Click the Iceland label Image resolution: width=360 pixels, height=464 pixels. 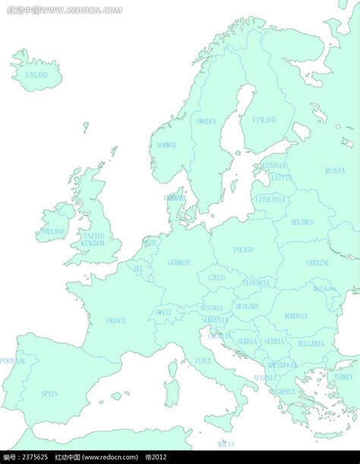pyautogui.click(x=36, y=75)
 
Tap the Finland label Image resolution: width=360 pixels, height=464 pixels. pyautogui.click(x=264, y=120)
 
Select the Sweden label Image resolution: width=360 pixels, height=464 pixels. pyautogui.click(x=206, y=121)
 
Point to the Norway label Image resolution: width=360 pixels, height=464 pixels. pyautogui.click(x=166, y=144)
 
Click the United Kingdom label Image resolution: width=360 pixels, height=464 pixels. pyautogui.click(x=93, y=240)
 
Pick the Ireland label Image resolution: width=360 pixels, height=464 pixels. pyautogui.click(x=54, y=232)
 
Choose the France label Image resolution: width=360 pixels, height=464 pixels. pyautogui.click(x=116, y=320)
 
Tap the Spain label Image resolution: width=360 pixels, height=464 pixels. pyautogui.click(x=49, y=393)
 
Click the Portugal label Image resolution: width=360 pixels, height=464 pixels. pyautogui.click(x=12, y=361)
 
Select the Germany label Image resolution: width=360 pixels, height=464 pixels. pyautogui.click(x=179, y=262)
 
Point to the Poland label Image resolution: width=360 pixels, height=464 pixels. pyautogui.click(x=244, y=250)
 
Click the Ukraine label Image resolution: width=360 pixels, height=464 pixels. pyautogui.click(x=317, y=262)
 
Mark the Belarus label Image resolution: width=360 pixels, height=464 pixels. pyautogui.click(x=302, y=222)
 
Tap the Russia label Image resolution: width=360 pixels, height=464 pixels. pyautogui.click(x=334, y=171)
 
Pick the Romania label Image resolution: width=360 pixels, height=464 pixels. pyautogui.click(x=295, y=315)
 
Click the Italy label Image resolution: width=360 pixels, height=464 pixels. pyautogui.click(x=204, y=361)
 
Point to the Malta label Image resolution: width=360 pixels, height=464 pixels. pyautogui.click(x=226, y=443)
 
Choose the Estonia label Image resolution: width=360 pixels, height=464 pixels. pyautogui.click(x=274, y=165)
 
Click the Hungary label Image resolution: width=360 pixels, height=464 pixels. pyautogui.click(x=247, y=306)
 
